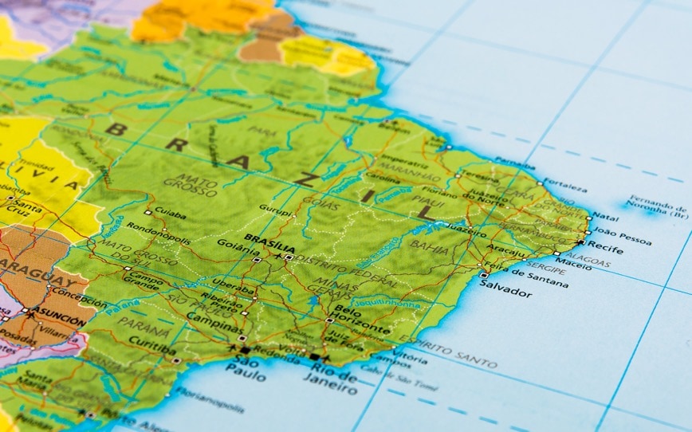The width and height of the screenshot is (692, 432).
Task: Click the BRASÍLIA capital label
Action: point(265,238)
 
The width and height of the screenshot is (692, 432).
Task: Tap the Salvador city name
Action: point(505,293)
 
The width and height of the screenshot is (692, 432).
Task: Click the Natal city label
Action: point(606,217)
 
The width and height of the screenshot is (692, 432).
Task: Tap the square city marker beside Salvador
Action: point(484,276)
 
